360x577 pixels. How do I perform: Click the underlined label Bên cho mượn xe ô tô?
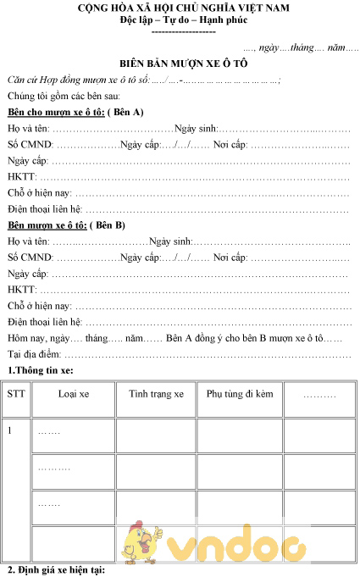tap(55, 112)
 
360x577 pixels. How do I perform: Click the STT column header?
tap(16, 394)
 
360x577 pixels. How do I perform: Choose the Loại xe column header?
tap(73, 394)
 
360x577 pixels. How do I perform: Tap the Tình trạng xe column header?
tap(156, 394)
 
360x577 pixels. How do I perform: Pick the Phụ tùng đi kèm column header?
tap(240, 394)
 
